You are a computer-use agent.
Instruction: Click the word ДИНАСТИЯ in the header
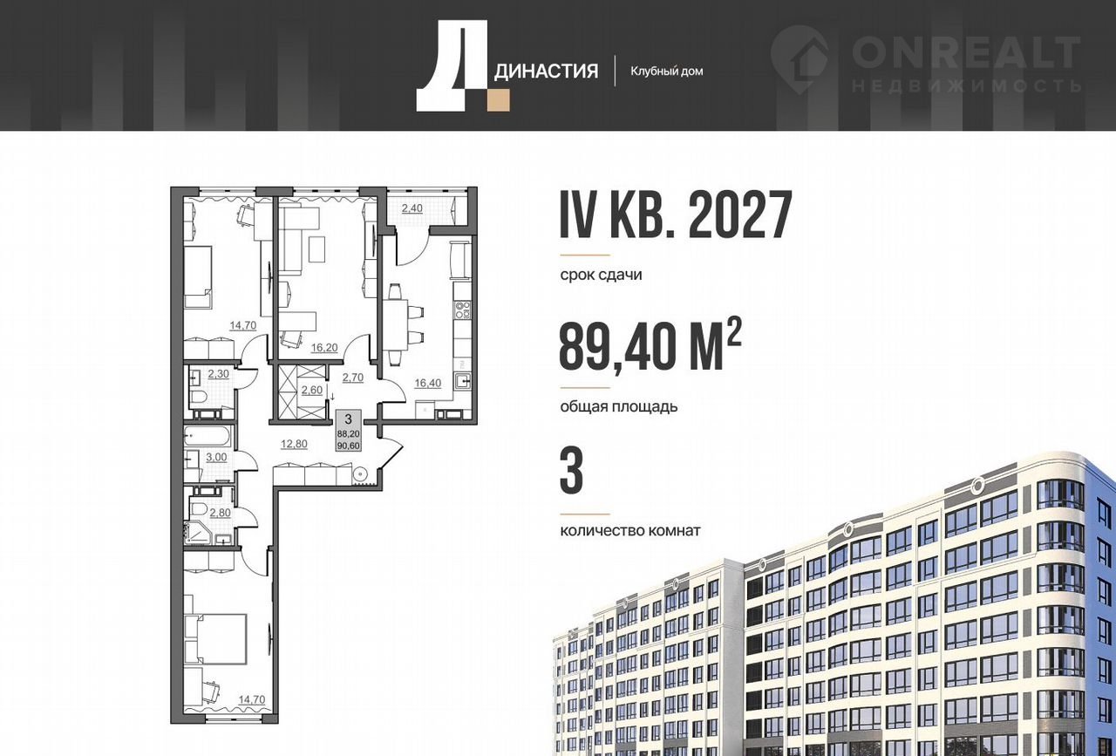[546, 72]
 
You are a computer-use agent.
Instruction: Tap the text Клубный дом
[667, 72]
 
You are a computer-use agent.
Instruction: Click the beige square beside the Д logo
[498, 100]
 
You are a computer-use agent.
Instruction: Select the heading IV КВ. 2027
[676, 215]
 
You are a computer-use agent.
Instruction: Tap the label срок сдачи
[601, 275]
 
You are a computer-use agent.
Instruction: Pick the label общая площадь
[619, 406]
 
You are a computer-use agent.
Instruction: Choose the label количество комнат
[630, 531]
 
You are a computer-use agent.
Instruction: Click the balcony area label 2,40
[412, 208]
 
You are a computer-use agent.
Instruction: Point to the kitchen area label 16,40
[428, 383]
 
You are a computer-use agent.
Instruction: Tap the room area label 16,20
[324, 348]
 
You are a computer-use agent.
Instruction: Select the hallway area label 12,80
[294, 444]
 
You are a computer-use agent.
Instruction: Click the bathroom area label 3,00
[216, 458]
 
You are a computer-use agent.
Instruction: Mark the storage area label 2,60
[312, 391]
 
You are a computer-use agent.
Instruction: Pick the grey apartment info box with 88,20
[349, 431]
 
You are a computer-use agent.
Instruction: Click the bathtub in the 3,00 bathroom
[208, 438]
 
